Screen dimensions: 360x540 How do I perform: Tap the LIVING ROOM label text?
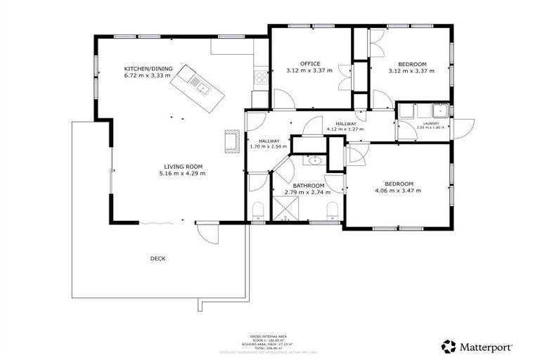[x=181, y=166]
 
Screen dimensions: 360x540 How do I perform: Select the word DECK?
[x=157, y=258]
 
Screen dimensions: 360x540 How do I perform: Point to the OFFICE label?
[x=310, y=64]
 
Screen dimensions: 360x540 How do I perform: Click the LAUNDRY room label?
[x=431, y=123]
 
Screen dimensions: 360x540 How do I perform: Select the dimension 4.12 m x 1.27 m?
[x=345, y=129]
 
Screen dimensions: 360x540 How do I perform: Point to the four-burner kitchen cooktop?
[x=261, y=75]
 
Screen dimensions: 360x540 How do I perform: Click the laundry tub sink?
[x=442, y=110]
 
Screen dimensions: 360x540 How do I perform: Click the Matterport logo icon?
[x=449, y=346]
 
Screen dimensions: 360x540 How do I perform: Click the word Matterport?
[x=487, y=347]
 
